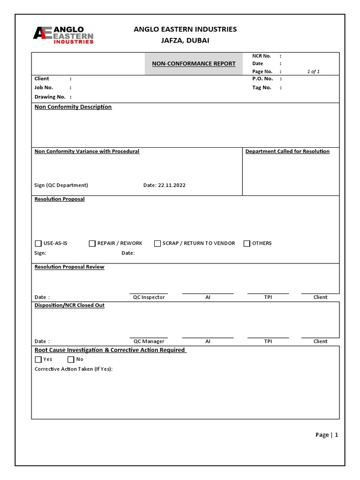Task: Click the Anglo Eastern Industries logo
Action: [63, 35]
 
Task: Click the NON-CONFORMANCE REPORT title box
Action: [194, 64]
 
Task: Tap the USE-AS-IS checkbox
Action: [38, 243]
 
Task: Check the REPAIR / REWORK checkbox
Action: [92, 243]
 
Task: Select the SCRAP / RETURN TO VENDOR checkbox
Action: [157, 243]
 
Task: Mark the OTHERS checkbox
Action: [247, 243]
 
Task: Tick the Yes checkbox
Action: [38, 360]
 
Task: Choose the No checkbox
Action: [71, 360]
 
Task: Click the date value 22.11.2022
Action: [172, 185]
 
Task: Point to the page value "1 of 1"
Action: [313, 72]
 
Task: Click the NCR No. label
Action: [262, 56]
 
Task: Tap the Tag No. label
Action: [262, 88]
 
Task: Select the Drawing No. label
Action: [50, 97]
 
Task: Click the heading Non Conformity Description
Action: [73, 107]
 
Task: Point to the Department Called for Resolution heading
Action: [287, 151]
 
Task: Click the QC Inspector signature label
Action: [149, 297]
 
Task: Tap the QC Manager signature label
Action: [149, 341]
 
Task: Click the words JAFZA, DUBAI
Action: [185, 41]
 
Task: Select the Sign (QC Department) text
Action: [61, 185]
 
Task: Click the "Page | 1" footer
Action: [327, 435]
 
